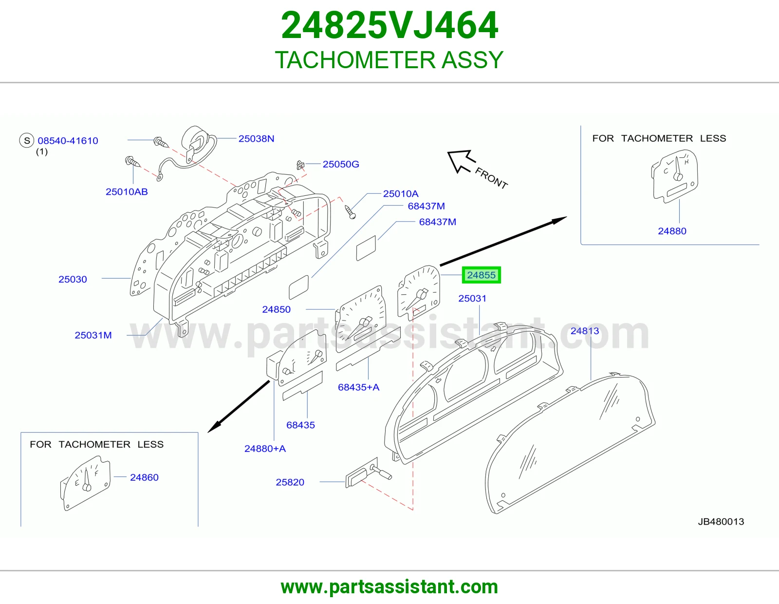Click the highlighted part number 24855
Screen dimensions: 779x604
(481, 275)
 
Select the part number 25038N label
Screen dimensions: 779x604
(256, 139)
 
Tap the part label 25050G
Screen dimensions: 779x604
(340, 164)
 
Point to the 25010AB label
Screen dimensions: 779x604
(127, 192)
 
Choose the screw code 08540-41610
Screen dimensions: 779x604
(68, 141)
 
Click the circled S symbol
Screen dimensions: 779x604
(26, 140)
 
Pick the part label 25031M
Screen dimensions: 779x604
(93, 335)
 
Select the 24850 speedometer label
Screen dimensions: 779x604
(277, 309)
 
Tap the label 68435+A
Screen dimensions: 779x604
(358, 387)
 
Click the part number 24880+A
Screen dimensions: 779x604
(265, 449)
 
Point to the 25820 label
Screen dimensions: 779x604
(290, 482)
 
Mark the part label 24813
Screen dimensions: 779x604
(585, 331)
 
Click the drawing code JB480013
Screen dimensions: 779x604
(721, 522)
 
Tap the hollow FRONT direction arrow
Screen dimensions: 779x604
(461, 161)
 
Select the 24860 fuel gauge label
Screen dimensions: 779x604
(144, 478)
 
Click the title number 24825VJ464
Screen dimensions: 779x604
(389, 25)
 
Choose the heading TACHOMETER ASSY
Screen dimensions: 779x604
(389, 60)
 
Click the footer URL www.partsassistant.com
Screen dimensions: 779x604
(389, 587)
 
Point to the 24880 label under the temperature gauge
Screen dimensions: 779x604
(672, 231)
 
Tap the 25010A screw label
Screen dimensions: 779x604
(401, 194)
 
